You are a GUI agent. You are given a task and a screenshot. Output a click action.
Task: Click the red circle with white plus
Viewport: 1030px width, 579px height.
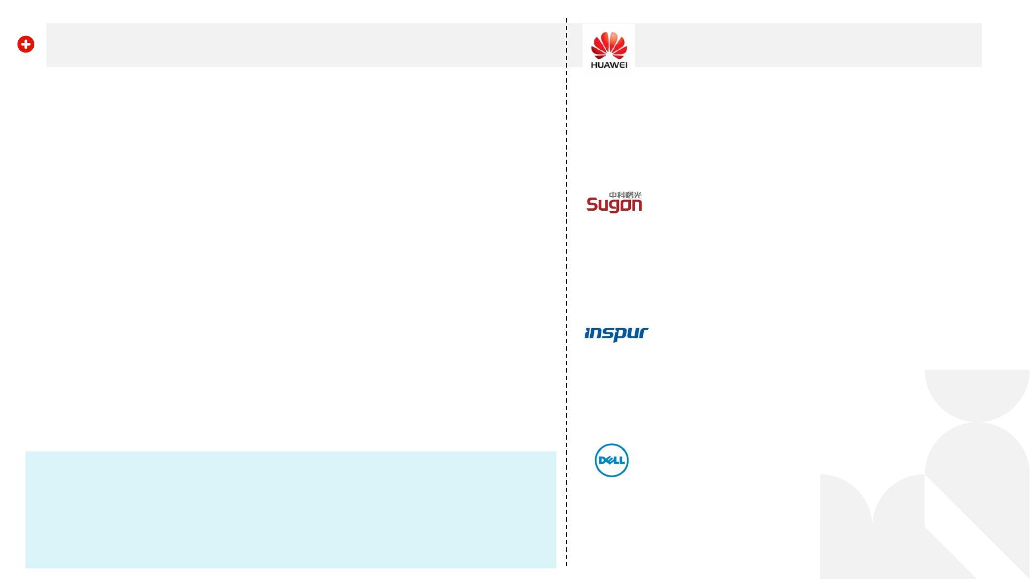(x=26, y=44)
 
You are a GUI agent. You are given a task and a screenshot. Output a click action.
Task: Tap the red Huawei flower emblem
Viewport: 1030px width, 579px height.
(x=609, y=45)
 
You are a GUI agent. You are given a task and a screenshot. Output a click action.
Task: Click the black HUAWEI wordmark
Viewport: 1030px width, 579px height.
(x=609, y=65)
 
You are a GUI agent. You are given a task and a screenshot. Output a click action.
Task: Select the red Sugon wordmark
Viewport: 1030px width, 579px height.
(x=614, y=205)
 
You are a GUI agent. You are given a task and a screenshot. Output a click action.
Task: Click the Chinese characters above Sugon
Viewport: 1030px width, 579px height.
(x=625, y=195)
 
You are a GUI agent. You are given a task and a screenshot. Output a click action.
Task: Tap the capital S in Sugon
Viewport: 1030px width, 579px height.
(x=592, y=204)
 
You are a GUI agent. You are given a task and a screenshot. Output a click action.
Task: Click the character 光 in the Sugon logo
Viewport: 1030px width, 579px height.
(x=638, y=195)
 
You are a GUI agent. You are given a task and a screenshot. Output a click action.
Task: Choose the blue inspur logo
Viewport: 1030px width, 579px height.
(x=616, y=334)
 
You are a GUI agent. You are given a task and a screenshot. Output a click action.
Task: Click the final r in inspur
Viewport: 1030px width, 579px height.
(x=643, y=333)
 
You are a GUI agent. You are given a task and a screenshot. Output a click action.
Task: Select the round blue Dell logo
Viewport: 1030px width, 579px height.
(x=612, y=460)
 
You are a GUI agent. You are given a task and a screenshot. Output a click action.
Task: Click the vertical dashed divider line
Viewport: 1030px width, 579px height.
(x=566, y=268)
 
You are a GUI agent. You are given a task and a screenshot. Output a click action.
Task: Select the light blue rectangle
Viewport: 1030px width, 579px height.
(x=290, y=509)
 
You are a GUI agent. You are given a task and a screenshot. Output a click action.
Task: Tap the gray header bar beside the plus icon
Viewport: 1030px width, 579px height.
(x=300, y=45)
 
